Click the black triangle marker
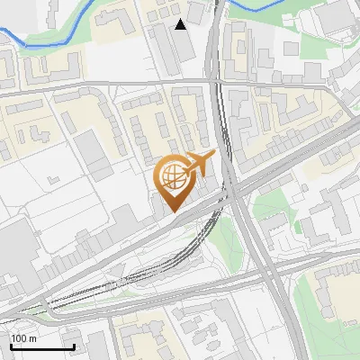tap(182, 24)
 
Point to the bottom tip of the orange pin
tap(171, 211)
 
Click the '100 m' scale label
tap(23, 338)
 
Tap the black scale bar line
tap(42, 346)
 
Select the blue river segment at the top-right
tap(261, 5)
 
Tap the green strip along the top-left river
tap(54, 40)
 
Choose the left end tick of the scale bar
tap(11, 346)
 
